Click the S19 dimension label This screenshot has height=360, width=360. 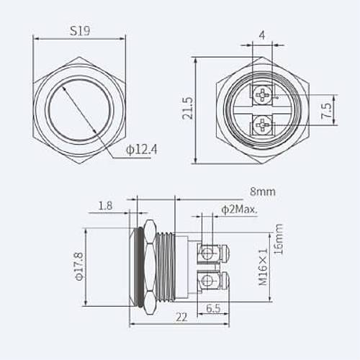[80, 31]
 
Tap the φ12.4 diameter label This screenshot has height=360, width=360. [142, 150]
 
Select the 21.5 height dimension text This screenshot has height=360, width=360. [188, 108]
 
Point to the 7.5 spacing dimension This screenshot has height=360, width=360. [326, 110]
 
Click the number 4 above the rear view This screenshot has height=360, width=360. [262, 35]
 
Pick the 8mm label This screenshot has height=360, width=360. [263, 192]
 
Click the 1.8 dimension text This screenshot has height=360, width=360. [105, 206]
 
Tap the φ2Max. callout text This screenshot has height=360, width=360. [239, 210]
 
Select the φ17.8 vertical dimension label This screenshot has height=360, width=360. [79, 266]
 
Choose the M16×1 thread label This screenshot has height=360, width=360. [264, 267]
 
